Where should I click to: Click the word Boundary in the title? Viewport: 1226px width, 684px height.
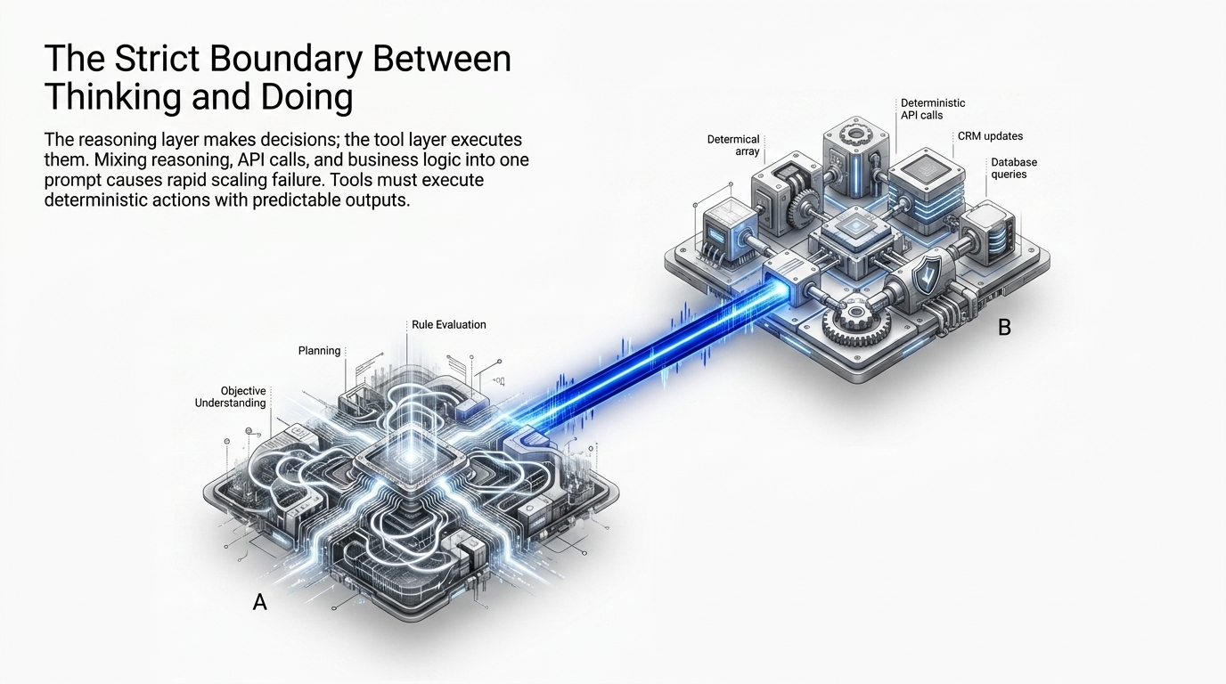[x=286, y=59]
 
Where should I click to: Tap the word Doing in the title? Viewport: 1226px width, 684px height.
[x=306, y=96]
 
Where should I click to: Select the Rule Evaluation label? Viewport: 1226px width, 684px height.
[x=449, y=324]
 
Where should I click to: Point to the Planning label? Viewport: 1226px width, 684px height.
[x=319, y=351]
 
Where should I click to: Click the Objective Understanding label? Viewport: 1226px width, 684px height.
[x=231, y=396]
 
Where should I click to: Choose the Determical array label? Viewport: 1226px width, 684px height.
[x=733, y=145]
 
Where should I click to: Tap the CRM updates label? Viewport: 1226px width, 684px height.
[x=990, y=136]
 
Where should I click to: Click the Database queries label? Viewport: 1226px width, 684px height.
[x=1014, y=168]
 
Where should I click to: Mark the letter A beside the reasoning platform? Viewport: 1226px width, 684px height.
[x=259, y=602]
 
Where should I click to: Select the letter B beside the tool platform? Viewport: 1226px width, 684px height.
[x=1004, y=327]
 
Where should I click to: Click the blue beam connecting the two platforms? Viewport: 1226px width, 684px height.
[x=646, y=354]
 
